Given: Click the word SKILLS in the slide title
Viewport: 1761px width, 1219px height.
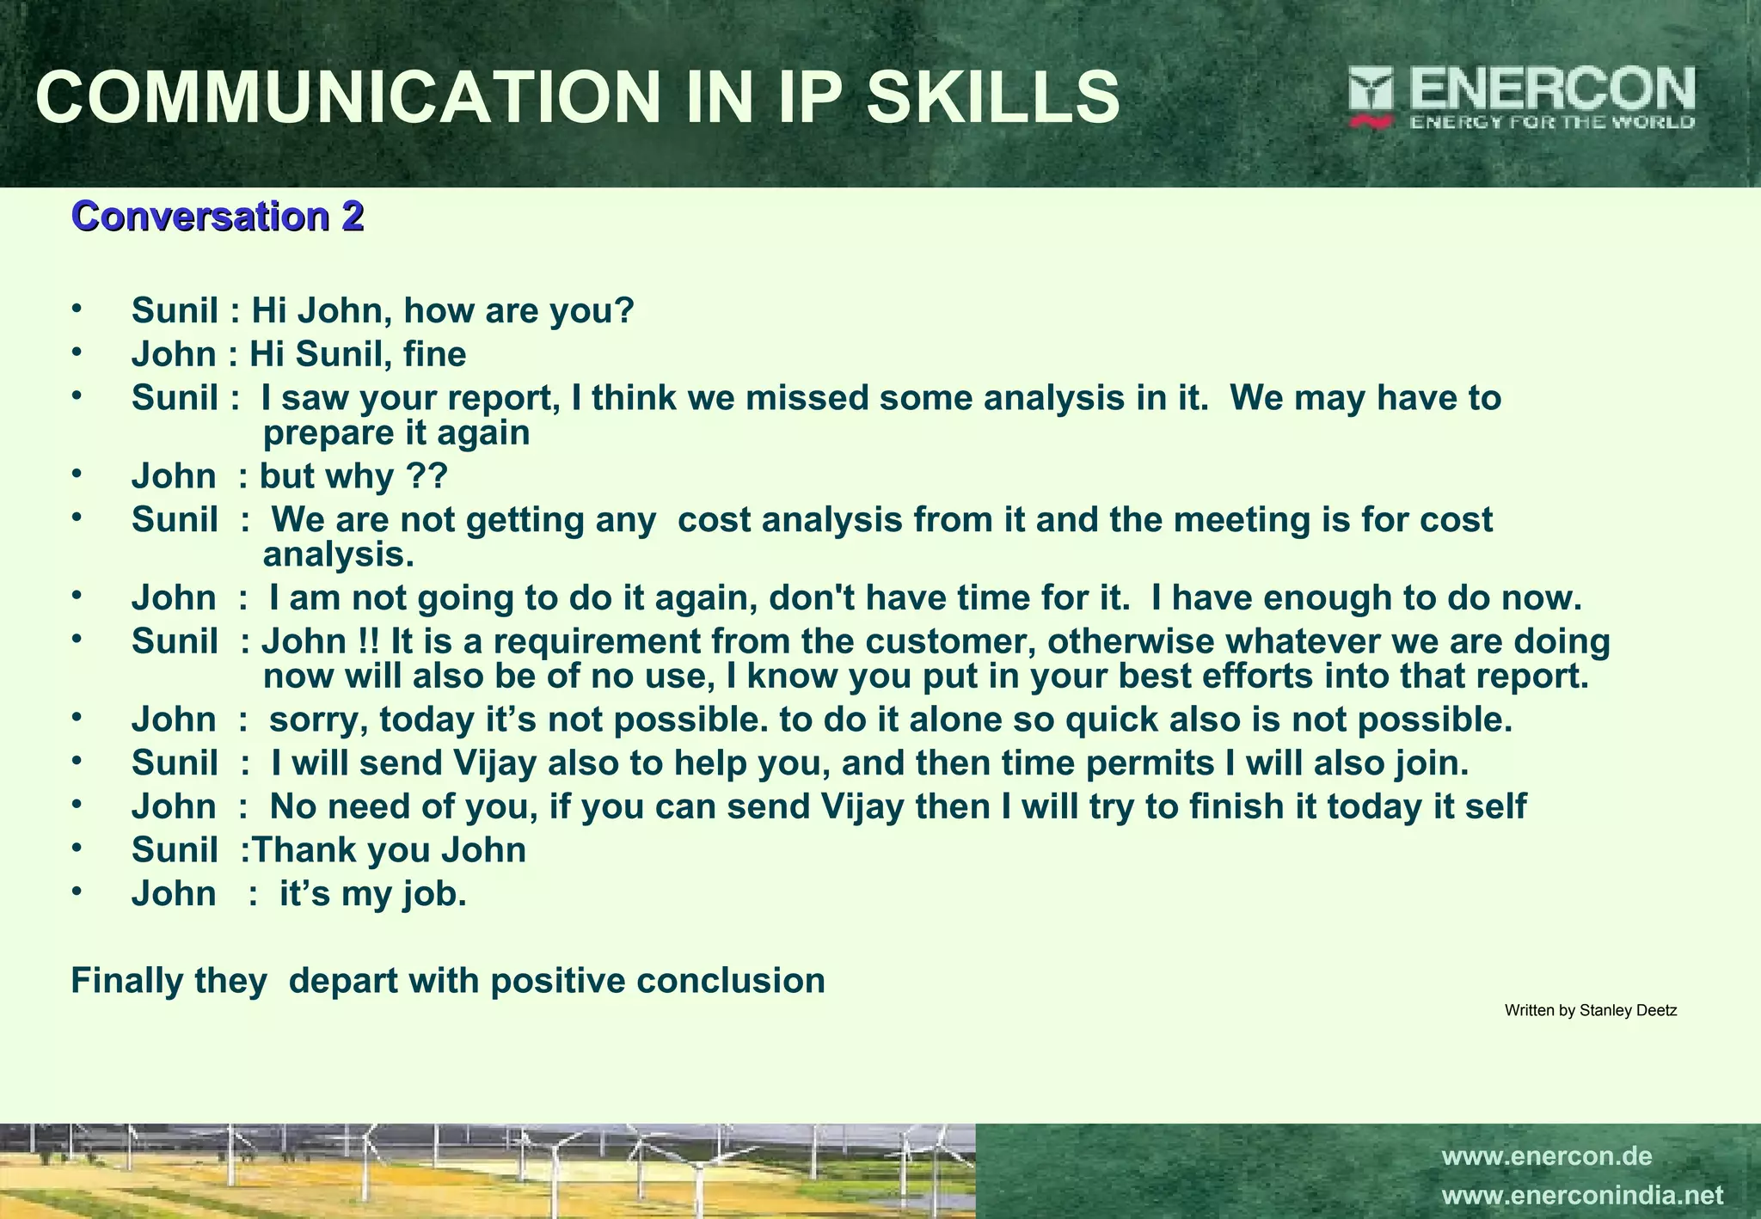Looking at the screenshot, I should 992,97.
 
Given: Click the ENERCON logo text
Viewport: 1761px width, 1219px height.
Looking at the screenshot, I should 1551,89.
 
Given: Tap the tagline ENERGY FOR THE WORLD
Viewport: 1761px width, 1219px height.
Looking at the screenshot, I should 1551,122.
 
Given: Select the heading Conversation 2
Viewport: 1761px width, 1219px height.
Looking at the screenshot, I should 218,216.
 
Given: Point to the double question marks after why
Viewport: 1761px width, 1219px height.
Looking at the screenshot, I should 427,476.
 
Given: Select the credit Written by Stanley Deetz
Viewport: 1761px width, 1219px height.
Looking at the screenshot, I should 1590,1011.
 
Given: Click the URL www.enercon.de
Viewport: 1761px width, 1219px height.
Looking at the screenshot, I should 1546,1156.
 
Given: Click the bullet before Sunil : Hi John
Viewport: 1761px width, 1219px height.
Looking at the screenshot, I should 77,307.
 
